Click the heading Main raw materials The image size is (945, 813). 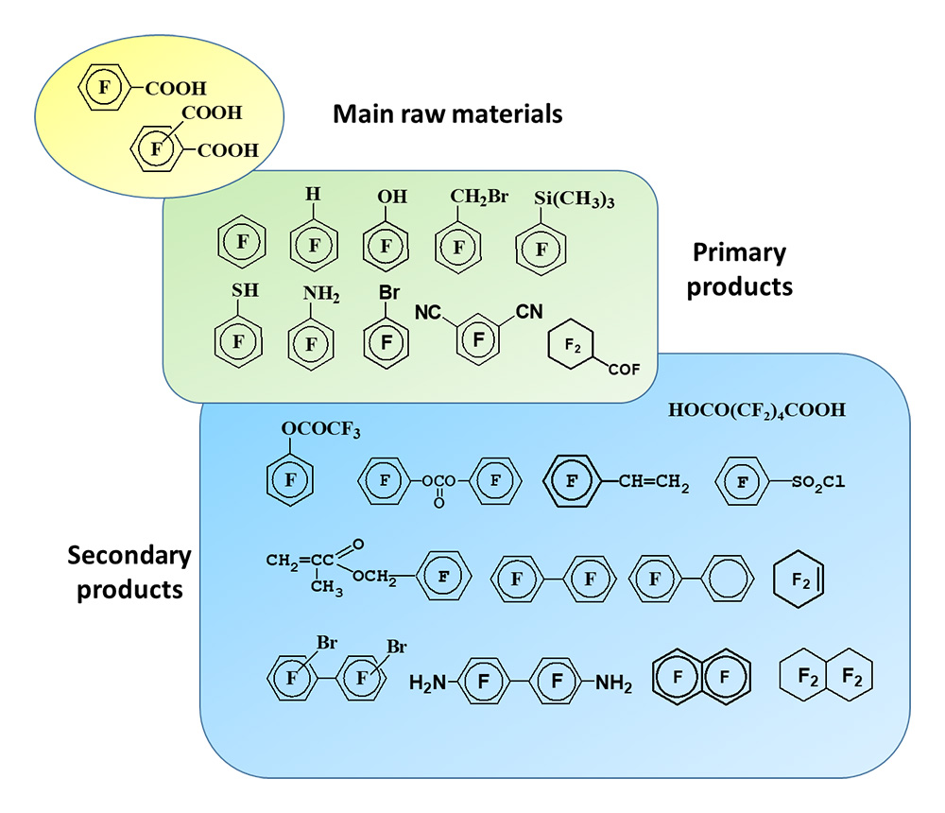tap(447, 115)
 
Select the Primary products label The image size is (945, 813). tap(739, 269)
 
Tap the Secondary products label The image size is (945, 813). tap(129, 572)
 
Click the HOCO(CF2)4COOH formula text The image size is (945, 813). tap(756, 411)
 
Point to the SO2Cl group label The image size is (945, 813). tap(816, 483)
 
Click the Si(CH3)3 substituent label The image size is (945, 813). tap(562, 200)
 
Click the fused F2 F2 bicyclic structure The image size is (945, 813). tap(825, 677)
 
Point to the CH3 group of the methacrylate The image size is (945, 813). tap(326, 589)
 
